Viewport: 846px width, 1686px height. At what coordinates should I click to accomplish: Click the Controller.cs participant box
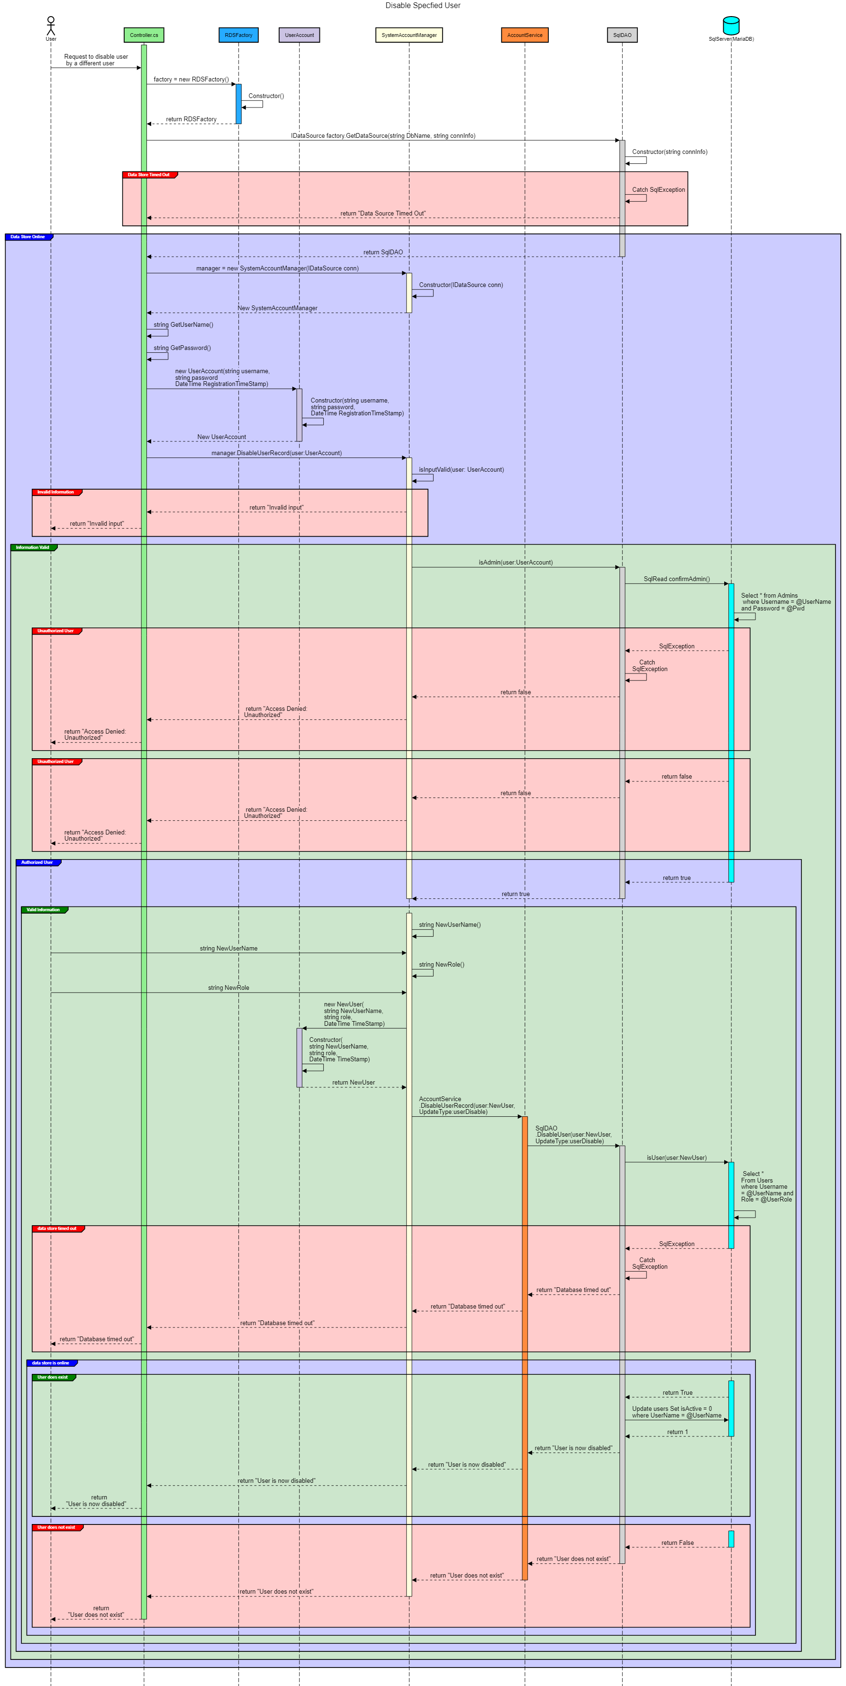click(144, 35)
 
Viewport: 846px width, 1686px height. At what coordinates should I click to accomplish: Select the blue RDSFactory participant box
click(238, 35)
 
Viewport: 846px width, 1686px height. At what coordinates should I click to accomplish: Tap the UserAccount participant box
click(299, 35)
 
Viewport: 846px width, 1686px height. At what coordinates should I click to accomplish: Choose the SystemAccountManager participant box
click(409, 35)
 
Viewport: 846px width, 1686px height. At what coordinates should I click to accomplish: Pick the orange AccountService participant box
click(525, 35)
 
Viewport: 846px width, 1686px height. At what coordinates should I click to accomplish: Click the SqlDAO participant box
click(622, 35)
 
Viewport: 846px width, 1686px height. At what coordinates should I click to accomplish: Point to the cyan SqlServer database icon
click(731, 26)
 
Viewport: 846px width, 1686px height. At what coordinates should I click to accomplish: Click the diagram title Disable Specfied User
click(422, 5)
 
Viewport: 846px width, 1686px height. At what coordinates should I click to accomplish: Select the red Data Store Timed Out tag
click(149, 175)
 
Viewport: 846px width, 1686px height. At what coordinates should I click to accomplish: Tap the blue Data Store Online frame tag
click(29, 237)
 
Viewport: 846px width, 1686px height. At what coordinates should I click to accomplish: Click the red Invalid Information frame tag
click(57, 492)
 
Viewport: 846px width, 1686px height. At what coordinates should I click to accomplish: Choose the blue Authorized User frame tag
click(38, 862)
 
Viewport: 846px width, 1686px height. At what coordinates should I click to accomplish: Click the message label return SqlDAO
click(383, 252)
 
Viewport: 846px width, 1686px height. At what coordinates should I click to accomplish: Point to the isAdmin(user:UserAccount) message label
click(515, 562)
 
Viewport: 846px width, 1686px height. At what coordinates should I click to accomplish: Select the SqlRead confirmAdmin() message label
click(676, 579)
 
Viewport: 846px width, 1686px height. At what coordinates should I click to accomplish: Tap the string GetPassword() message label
click(182, 348)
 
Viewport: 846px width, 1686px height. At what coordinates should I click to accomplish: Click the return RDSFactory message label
click(191, 119)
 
